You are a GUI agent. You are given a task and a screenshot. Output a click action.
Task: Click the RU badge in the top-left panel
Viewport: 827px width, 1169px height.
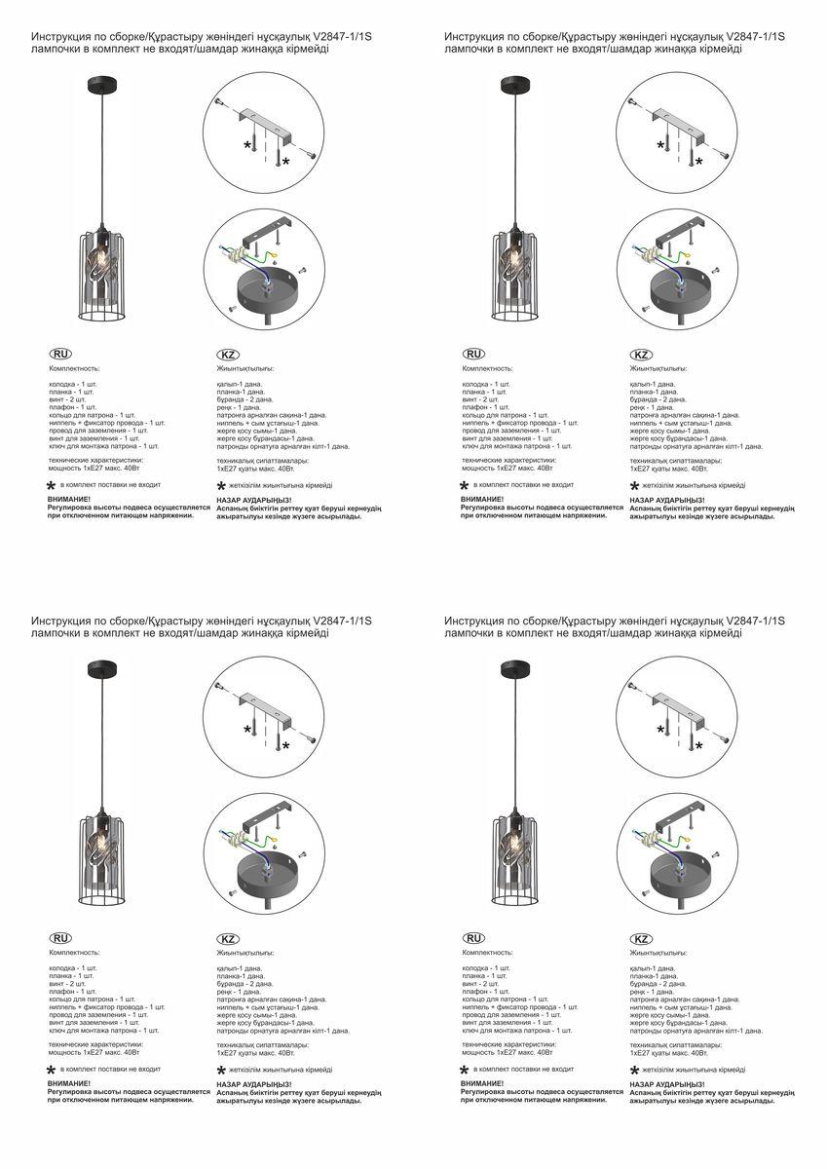59,355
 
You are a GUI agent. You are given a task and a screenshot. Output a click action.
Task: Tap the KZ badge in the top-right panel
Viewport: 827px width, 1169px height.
641,355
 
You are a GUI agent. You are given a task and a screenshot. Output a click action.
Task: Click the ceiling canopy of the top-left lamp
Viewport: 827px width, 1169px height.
101,84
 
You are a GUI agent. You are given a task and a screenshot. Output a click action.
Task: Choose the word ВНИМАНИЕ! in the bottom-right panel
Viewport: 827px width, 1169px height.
481,1082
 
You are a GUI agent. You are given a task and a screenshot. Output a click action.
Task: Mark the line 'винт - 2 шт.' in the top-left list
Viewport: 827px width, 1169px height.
67,399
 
